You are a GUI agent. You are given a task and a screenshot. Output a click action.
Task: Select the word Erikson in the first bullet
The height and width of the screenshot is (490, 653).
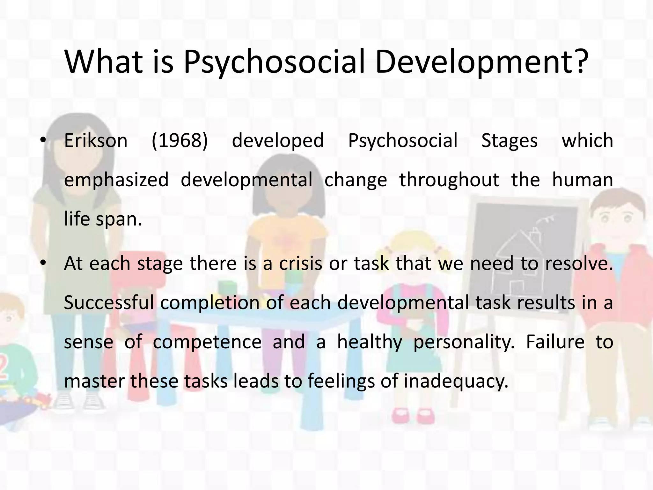pos(96,141)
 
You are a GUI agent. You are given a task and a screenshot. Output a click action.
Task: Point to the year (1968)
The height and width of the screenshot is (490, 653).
pos(180,141)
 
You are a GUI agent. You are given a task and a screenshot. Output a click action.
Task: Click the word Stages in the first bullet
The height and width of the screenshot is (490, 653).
pos(509,141)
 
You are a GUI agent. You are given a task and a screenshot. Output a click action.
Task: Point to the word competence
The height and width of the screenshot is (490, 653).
pos(207,342)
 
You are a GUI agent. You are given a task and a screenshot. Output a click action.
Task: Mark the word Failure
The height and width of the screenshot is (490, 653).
pos(555,342)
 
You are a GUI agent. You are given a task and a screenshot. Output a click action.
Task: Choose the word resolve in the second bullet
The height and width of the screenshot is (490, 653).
pos(579,264)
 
